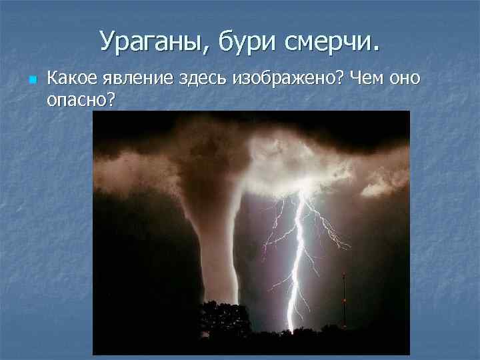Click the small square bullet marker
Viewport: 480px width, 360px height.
pyautogui.click(x=31, y=80)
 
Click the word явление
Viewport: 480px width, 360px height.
pyautogui.click(x=138, y=79)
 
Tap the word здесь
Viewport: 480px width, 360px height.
pyautogui.click(x=203, y=79)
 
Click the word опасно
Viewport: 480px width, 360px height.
pyautogui.click(x=75, y=99)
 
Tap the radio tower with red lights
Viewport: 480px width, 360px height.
pyautogui.click(x=343, y=300)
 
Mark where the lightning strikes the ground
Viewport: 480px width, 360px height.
pyautogui.click(x=290, y=328)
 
